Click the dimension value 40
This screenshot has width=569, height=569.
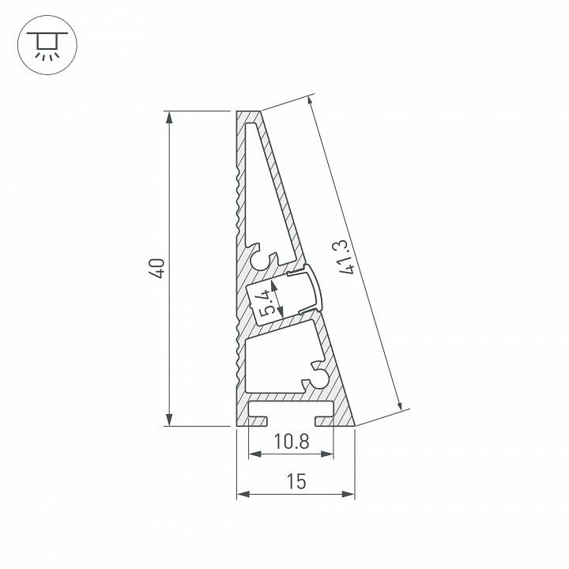[x=159, y=268]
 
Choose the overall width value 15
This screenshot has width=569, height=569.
[x=296, y=481]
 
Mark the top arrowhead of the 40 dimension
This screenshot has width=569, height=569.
[x=168, y=117]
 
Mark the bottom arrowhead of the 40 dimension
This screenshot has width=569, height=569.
[x=168, y=420]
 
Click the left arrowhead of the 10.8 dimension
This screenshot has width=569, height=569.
[x=254, y=454]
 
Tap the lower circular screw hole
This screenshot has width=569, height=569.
[x=320, y=380]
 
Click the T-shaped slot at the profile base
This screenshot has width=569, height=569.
[x=291, y=413]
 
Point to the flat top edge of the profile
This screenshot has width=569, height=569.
[x=248, y=112]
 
